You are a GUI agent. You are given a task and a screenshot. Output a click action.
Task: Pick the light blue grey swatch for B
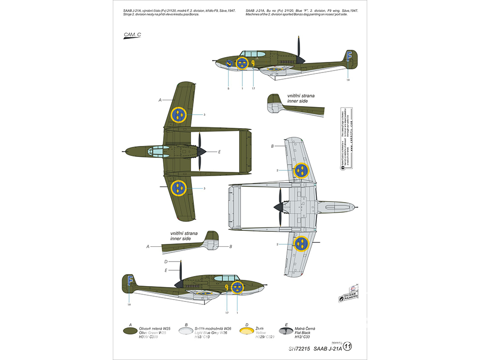184,331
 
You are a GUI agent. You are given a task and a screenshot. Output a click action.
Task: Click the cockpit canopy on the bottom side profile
225,278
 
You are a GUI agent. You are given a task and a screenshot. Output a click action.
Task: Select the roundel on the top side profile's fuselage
242,63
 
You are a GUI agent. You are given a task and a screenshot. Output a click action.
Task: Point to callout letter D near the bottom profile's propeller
166,262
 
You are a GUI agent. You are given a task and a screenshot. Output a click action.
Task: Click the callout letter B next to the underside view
272,146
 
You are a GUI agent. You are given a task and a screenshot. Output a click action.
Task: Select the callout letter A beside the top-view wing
160,101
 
